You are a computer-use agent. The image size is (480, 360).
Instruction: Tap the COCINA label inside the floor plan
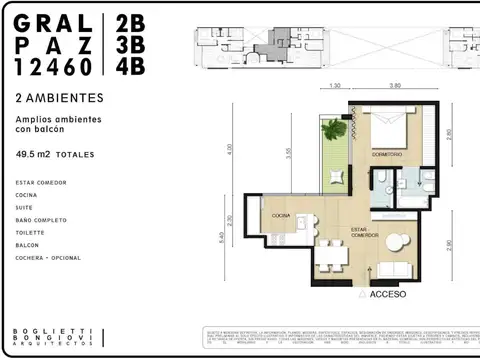click(x=280, y=215)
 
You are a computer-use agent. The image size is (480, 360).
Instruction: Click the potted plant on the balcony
click(x=332, y=132)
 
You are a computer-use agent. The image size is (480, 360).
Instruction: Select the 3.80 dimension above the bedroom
click(x=395, y=86)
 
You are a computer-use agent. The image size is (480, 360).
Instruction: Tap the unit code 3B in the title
click(x=130, y=45)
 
